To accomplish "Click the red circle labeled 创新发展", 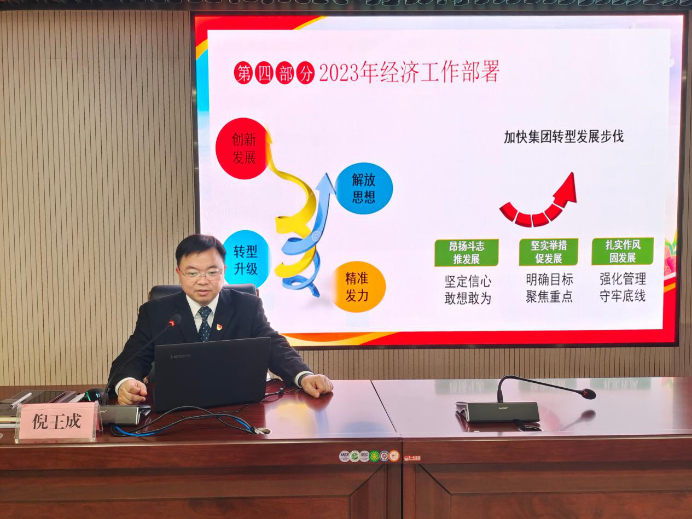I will pyautogui.click(x=243, y=148).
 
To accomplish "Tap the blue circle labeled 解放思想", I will pyautogui.click(x=363, y=188).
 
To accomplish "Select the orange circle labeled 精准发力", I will pyautogui.click(x=357, y=287).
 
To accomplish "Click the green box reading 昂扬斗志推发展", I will pyautogui.click(x=466, y=253).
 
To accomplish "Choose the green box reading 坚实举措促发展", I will pyautogui.click(x=548, y=252).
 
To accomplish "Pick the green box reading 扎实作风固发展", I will pyautogui.click(x=623, y=251).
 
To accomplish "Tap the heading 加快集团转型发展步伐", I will pyautogui.click(x=563, y=137).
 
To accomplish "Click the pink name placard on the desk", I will pyautogui.click(x=57, y=421).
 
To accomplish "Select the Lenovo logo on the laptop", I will pyautogui.click(x=181, y=356).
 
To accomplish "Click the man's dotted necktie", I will pyautogui.click(x=205, y=324).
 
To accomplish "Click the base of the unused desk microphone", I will pyautogui.click(x=497, y=412).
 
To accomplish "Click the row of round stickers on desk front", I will pyautogui.click(x=369, y=456).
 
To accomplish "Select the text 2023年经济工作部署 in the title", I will pyautogui.click(x=409, y=73).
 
